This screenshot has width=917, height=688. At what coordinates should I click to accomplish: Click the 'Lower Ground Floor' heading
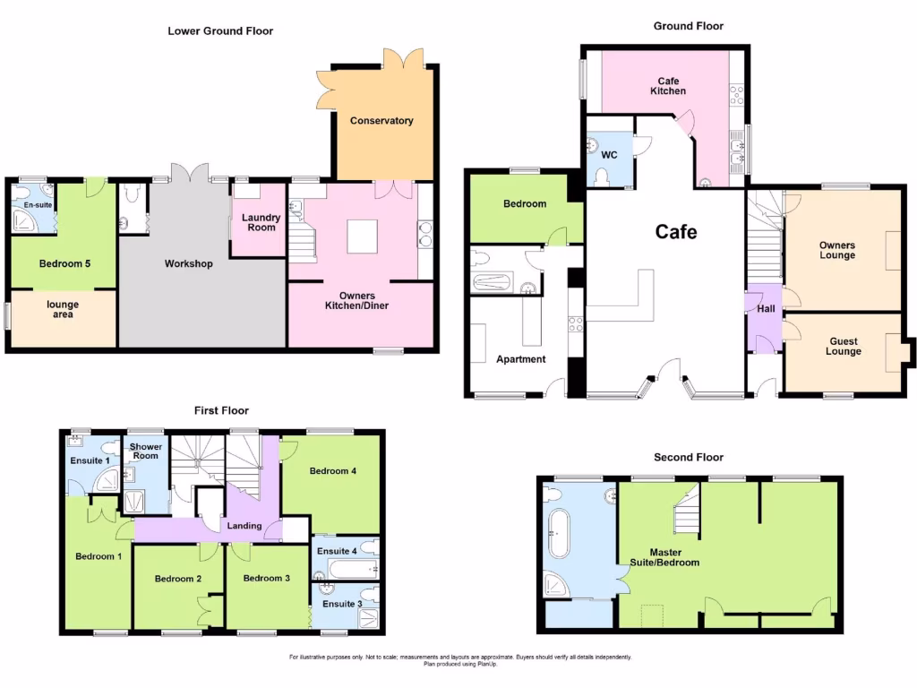(220, 30)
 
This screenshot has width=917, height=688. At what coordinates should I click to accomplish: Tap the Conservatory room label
(381, 121)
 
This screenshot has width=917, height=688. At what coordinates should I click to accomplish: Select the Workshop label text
(188, 264)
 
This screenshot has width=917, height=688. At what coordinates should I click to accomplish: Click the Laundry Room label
(261, 222)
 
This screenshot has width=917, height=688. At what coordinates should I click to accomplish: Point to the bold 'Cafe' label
(676, 232)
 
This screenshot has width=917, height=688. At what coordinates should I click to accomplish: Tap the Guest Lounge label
(843, 347)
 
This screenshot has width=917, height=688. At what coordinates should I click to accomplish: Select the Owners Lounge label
(837, 250)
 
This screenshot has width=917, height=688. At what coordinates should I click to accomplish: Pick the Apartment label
(520, 359)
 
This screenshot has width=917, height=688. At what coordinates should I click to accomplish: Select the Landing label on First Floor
(244, 526)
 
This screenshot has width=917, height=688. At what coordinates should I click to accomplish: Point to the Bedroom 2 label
(177, 579)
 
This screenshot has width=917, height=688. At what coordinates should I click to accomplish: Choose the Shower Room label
(145, 451)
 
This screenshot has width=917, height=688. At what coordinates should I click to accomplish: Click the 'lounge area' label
(63, 310)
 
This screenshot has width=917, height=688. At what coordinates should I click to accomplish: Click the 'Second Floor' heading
(688, 457)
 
